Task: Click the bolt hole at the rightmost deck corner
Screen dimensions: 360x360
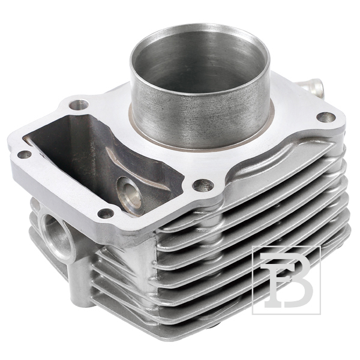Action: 326,118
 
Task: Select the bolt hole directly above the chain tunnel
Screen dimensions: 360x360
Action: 79,105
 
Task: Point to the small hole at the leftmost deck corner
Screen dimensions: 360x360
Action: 25,155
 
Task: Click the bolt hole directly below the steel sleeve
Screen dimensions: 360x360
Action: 203,185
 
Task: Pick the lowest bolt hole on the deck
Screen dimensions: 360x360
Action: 106,214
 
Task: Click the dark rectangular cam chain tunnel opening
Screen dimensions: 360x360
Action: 101,161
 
